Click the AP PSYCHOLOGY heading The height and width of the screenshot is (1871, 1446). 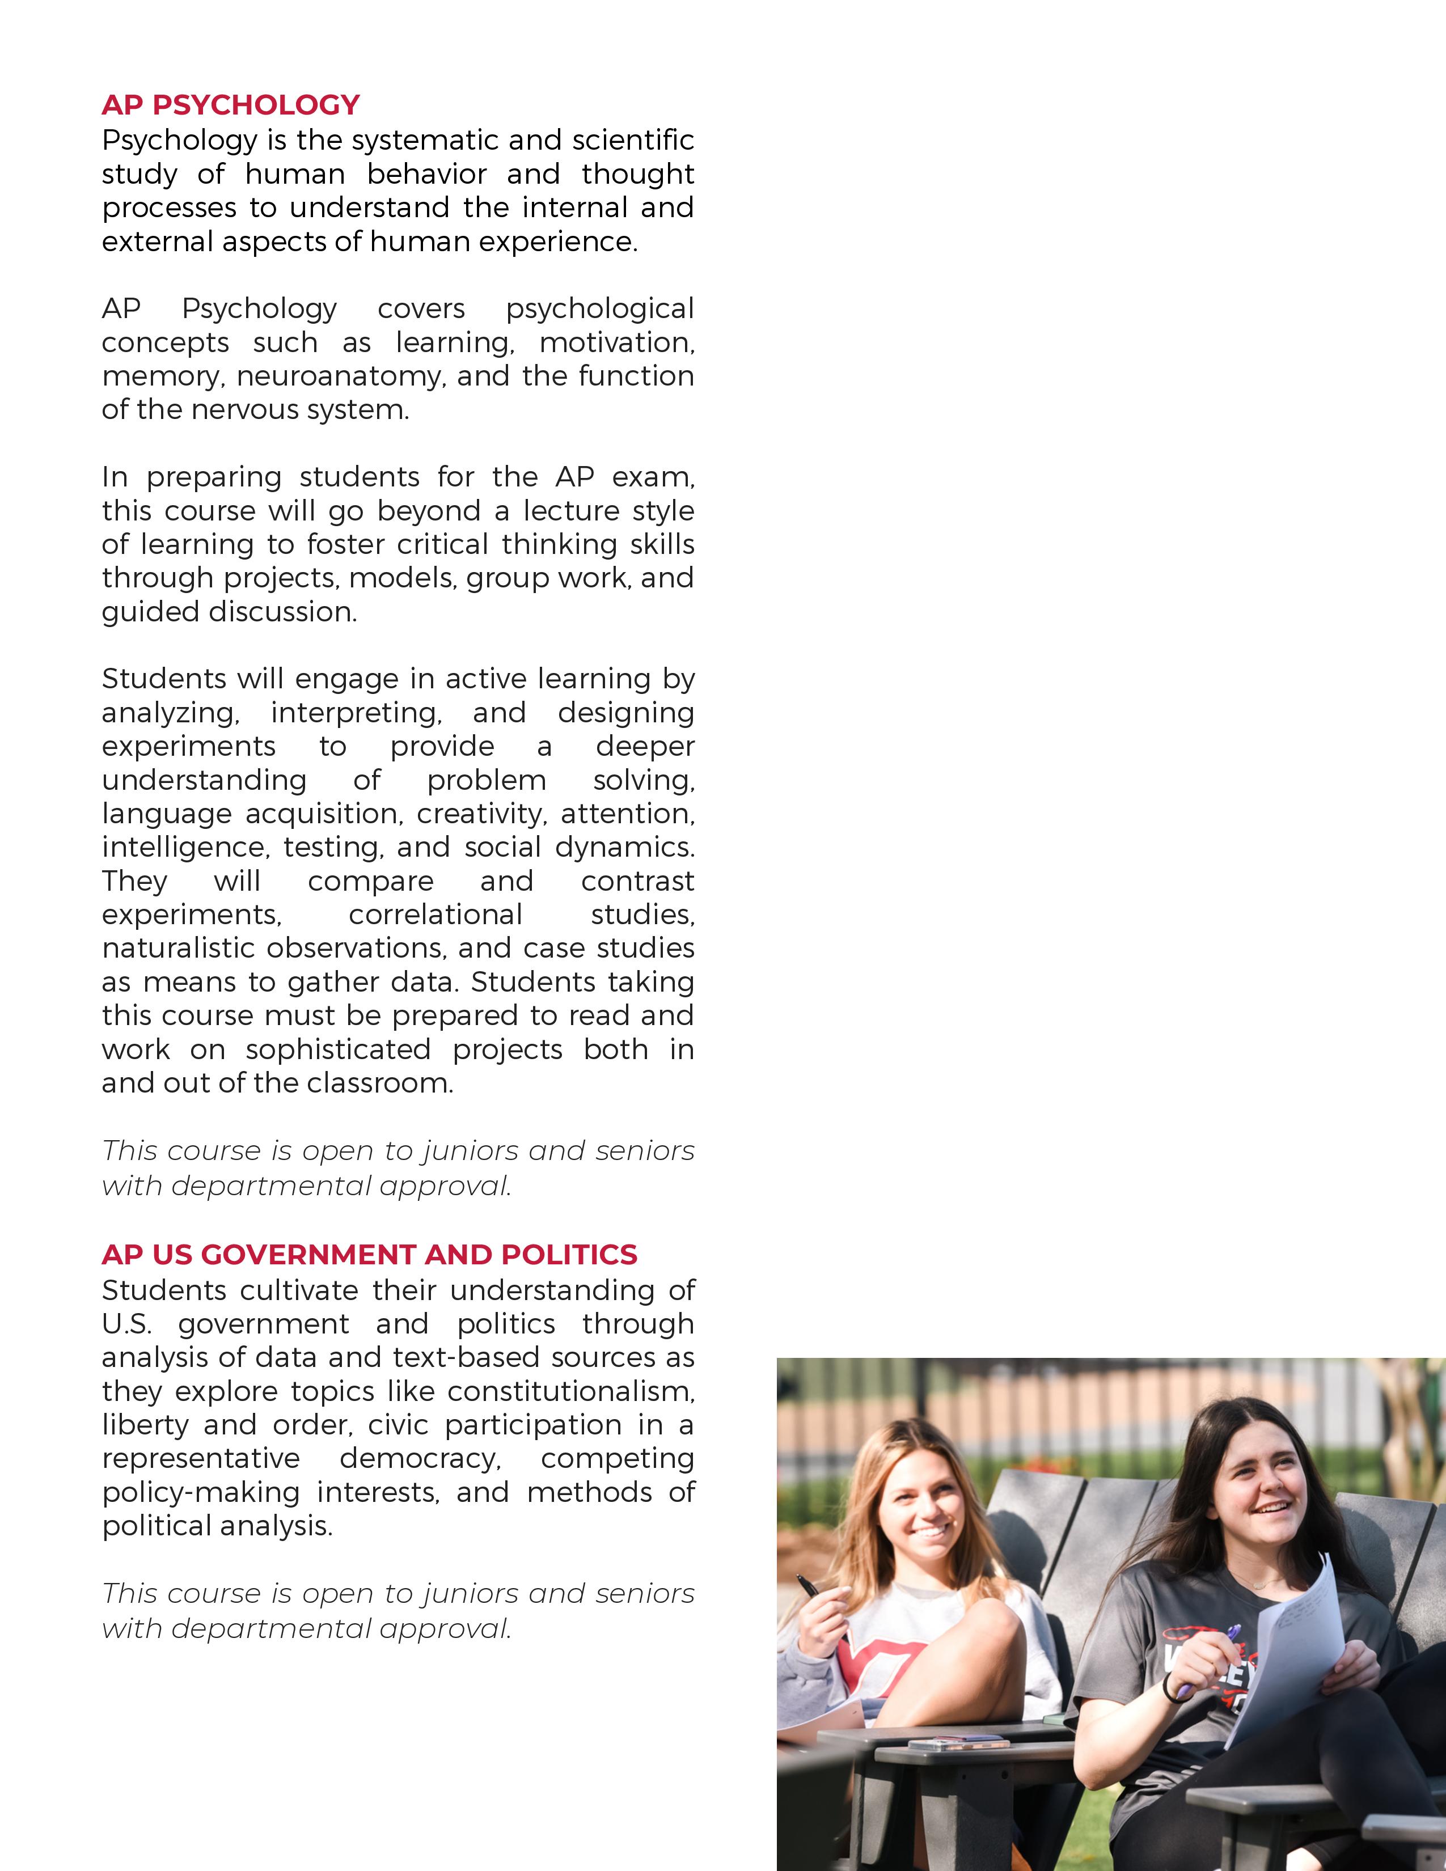pos(230,104)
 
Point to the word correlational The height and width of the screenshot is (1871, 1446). pos(435,914)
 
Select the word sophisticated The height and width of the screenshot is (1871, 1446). pos(337,1049)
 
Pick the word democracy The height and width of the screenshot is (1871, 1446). pos(420,1458)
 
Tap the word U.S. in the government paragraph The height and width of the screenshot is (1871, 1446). pos(126,1323)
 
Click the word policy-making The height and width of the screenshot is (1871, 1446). pos(200,1492)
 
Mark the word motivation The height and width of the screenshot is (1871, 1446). pos(616,342)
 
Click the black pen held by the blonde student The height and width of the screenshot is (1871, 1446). pos(808,1586)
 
